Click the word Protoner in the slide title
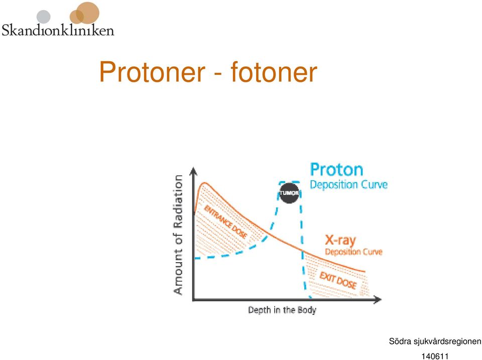point(152,72)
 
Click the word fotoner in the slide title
point(274,72)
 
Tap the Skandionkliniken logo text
point(58,30)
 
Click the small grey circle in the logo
point(43,17)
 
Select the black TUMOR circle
point(289,193)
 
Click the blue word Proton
point(336,170)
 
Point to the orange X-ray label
point(340,240)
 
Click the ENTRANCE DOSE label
point(225,222)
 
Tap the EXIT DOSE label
point(338,280)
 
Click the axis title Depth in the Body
point(282,310)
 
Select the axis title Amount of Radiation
point(178,235)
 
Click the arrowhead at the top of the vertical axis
point(193,171)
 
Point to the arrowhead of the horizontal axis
point(378,299)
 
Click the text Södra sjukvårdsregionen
point(435,341)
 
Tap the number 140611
point(435,356)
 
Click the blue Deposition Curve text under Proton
point(348,184)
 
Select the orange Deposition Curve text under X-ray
point(353,252)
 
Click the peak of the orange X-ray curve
point(204,183)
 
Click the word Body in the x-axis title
point(307,310)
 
